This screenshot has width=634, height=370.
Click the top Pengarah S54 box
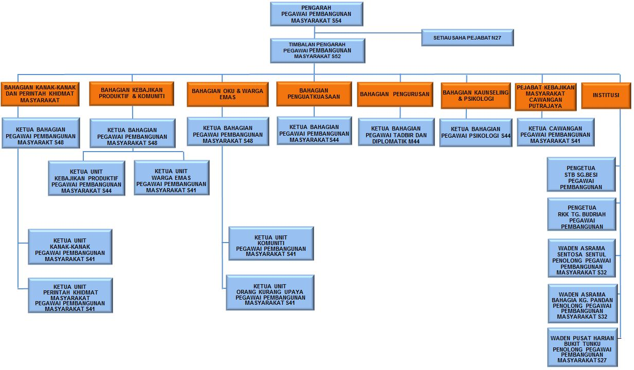(316, 14)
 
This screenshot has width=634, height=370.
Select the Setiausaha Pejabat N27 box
(467, 38)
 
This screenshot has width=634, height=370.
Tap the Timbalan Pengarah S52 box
(317, 51)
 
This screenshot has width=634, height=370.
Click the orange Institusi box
(606, 96)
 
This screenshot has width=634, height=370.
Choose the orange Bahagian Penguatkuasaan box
(314, 94)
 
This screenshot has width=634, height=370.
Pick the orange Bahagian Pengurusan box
(394, 95)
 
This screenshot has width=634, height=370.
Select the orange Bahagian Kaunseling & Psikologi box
(476, 96)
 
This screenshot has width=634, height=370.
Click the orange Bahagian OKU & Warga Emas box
(227, 94)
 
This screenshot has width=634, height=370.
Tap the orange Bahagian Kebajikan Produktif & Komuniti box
(132, 94)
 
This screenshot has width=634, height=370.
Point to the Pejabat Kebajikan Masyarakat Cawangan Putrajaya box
(546, 97)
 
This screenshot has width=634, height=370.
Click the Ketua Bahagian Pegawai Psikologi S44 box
(476, 133)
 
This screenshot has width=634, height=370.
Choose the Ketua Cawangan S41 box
(555, 132)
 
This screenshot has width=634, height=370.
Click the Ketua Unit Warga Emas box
(171, 178)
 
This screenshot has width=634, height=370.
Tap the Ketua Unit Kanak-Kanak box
(70, 247)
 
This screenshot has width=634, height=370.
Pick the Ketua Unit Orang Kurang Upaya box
(270, 293)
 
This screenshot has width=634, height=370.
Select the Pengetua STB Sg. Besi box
(581, 175)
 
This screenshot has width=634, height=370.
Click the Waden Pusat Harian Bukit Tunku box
(582, 347)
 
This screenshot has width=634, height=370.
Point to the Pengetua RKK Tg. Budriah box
(582, 214)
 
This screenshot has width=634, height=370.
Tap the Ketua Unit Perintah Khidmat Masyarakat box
(70, 295)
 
